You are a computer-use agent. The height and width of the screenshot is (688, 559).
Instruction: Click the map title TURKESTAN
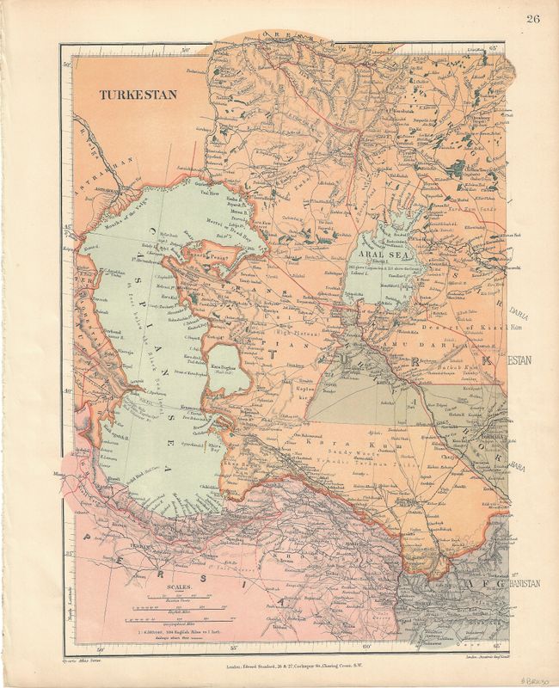[138, 95]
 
